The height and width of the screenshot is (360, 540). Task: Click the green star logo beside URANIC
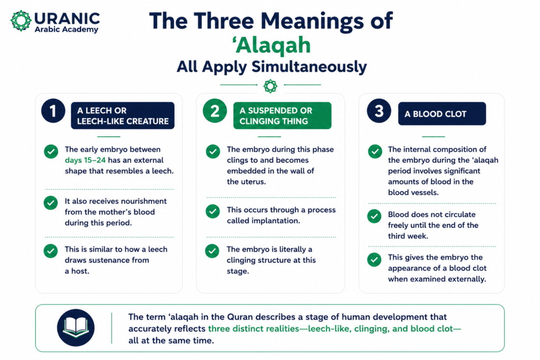[x=21, y=21]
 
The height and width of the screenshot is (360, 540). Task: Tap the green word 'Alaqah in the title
[x=272, y=45]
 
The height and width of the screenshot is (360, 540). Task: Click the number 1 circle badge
[x=53, y=111]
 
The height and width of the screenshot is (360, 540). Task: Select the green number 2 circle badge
[x=215, y=111]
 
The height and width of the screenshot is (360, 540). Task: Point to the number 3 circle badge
[x=379, y=111]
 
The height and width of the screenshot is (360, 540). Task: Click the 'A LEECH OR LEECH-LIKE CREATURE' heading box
[x=122, y=115]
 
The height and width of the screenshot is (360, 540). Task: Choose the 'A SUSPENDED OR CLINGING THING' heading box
[x=283, y=115]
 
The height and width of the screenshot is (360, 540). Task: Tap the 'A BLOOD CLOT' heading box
[x=442, y=113]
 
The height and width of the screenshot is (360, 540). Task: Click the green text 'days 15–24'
[x=85, y=160]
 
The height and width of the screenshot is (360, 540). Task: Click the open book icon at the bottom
[x=76, y=328]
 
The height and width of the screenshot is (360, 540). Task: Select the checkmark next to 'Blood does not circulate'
[x=374, y=216]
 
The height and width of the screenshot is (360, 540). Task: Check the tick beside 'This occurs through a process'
[x=213, y=211]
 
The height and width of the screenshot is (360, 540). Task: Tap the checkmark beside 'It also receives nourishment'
[x=51, y=203]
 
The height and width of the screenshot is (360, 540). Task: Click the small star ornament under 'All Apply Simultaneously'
[x=271, y=86]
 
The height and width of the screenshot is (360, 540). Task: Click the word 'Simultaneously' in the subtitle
[x=309, y=67]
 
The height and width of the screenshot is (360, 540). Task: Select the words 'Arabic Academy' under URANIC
[x=66, y=30]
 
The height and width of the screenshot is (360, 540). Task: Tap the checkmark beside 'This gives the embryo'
[x=374, y=259]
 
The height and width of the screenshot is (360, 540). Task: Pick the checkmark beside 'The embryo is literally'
[x=212, y=251]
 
